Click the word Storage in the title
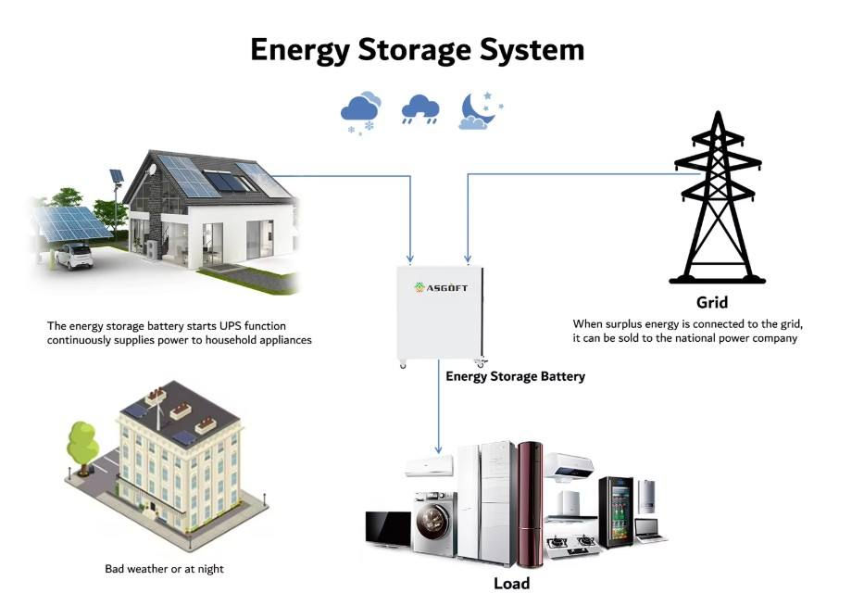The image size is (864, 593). [x=415, y=50]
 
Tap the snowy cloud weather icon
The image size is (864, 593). [x=361, y=113]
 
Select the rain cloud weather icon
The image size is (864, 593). [x=420, y=109]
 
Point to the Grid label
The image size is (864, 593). [x=712, y=302]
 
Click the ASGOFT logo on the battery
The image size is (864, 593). [x=441, y=287]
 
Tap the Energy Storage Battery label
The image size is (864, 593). [x=515, y=376]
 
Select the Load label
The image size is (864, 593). [x=511, y=583]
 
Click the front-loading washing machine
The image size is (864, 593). [x=434, y=524]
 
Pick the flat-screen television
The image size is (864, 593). [x=388, y=529]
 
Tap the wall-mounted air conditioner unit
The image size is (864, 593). [x=430, y=466]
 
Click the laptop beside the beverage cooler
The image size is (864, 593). [x=650, y=530]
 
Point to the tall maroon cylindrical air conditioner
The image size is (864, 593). [x=530, y=504]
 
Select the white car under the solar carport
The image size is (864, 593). [x=74, y=256]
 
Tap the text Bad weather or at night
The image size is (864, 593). [x=164, y=569]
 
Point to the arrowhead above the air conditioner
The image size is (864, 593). [x=438, y=449]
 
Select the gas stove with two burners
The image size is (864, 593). [x=572, y=544]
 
